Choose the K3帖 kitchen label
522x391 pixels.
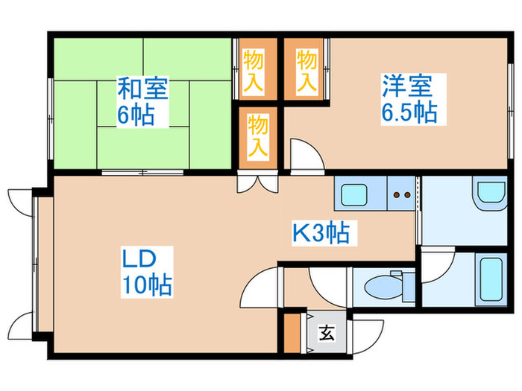pyautogui.click(x=320, y=234)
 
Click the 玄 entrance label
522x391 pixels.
pyautogui.click(x=327, y=333)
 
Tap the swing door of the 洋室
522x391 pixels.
pyautogui.click(x=304, y=155)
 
